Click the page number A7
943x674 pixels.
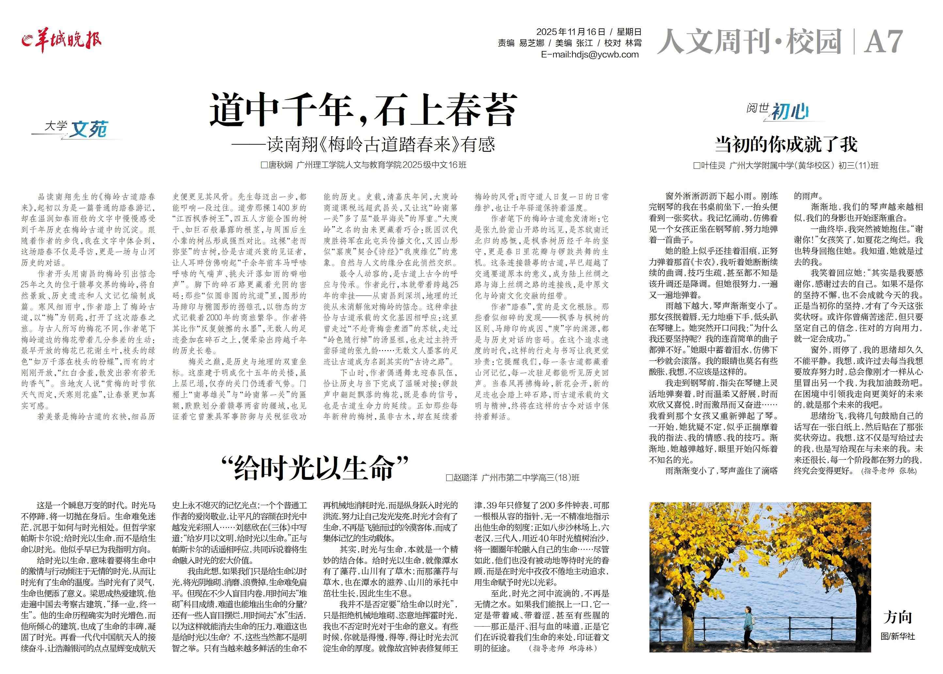[883, 41]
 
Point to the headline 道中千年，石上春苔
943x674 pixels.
[362, 110]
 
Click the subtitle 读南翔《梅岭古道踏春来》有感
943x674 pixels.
[380, 144]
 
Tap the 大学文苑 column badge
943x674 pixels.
[76, 129]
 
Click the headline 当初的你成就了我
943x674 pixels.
[786, 144]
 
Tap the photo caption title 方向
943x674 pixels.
[897, 617]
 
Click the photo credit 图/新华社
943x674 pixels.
[897, 636]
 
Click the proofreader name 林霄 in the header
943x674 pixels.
[633, 43]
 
